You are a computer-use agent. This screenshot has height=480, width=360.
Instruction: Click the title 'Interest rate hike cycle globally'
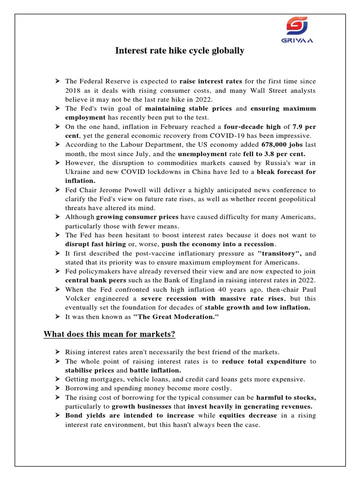point(180,51)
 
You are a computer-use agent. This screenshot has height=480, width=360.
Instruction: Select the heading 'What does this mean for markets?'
point(109,334)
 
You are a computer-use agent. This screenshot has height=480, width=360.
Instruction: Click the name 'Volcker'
point(78,298)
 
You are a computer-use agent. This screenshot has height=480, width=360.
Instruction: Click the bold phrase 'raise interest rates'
point(207,82)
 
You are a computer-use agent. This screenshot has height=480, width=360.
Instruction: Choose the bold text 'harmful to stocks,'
point(286,397)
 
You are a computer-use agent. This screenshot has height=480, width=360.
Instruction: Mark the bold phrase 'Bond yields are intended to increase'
point(130,415)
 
